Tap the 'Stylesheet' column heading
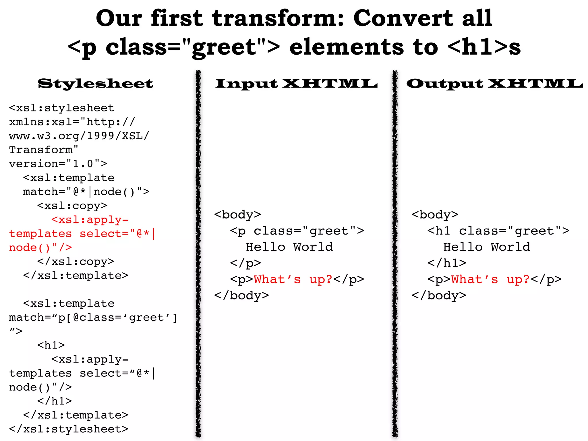coord(95,84)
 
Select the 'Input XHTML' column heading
coord(296,84)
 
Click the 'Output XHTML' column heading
coord(494,84)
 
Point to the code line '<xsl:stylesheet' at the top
coord(62,108)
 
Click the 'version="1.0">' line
coord(58,164)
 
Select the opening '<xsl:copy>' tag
coord(72,206)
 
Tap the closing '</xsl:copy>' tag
coord(76,262)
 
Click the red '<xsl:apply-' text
coord(90,220)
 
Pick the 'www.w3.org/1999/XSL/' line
coord(79,136)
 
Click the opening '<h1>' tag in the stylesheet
coord(51,345)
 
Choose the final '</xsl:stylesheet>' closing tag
coord(69,429)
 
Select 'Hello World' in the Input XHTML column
coord(289,247)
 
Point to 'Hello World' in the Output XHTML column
coord(487,247)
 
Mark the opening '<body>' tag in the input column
coord(237,215)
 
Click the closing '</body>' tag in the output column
coord(439,295)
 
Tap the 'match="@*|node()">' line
coord(86,192)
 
